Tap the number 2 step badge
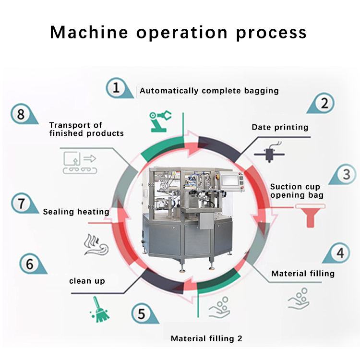[324, 103]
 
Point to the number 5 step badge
[141, 314]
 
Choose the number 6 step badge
[30, 264]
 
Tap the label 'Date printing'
[280, 127]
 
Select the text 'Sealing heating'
[76, 211]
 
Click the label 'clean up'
[87, 281]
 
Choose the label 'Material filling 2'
[206, 338]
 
